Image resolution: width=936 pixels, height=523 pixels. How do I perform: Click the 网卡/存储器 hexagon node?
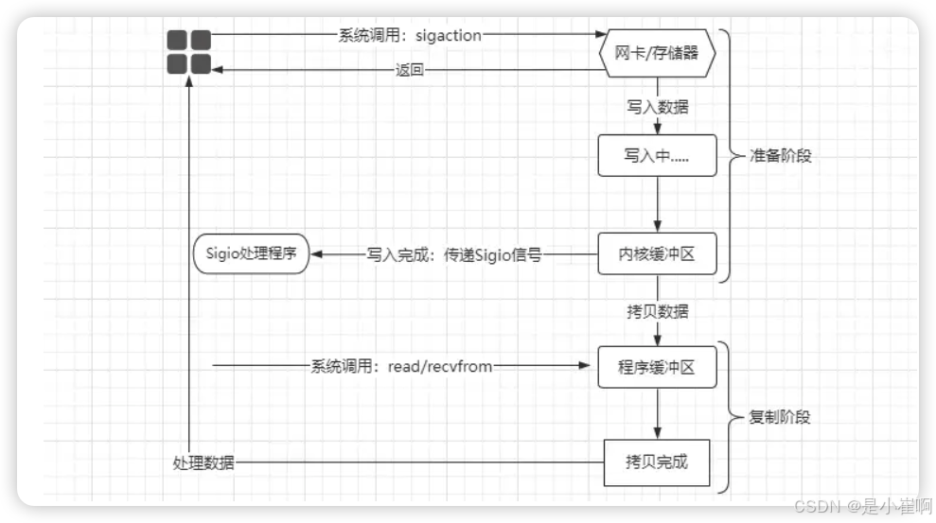657,53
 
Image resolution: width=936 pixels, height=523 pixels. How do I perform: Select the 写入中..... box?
657,156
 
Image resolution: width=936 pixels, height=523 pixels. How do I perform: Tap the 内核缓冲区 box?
657,254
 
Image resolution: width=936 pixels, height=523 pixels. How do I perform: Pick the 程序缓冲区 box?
657,367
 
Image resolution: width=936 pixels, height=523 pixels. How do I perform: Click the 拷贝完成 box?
657,462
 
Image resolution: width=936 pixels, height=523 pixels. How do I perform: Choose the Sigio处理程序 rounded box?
252,254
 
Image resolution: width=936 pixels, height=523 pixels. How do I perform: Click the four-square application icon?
188,51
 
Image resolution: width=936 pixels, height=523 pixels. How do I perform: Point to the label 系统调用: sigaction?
410,36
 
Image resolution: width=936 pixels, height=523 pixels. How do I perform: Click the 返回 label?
410,69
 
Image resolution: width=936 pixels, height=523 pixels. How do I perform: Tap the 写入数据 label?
657,106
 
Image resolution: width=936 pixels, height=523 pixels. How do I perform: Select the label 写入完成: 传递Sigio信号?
453,254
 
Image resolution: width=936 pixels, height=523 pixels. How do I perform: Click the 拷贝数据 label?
657,311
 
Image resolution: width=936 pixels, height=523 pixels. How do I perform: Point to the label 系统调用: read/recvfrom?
401,366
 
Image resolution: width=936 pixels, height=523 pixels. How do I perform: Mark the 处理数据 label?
203,462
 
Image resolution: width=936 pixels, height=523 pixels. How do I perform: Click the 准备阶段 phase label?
781,156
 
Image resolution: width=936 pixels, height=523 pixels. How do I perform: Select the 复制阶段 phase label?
780,417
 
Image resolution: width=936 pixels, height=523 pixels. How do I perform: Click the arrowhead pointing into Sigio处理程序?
317,254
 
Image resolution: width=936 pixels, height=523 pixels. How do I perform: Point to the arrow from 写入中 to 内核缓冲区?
657,203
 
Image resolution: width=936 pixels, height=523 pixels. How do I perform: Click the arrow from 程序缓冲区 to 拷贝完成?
657,412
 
